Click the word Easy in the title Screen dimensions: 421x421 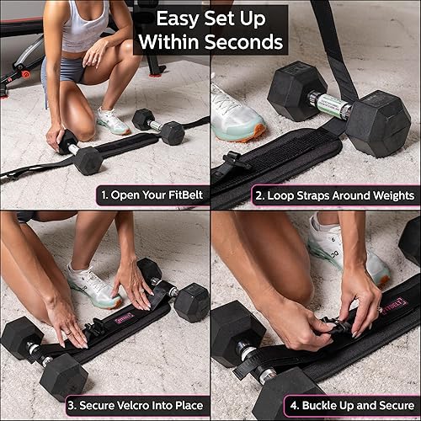point(170,17)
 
